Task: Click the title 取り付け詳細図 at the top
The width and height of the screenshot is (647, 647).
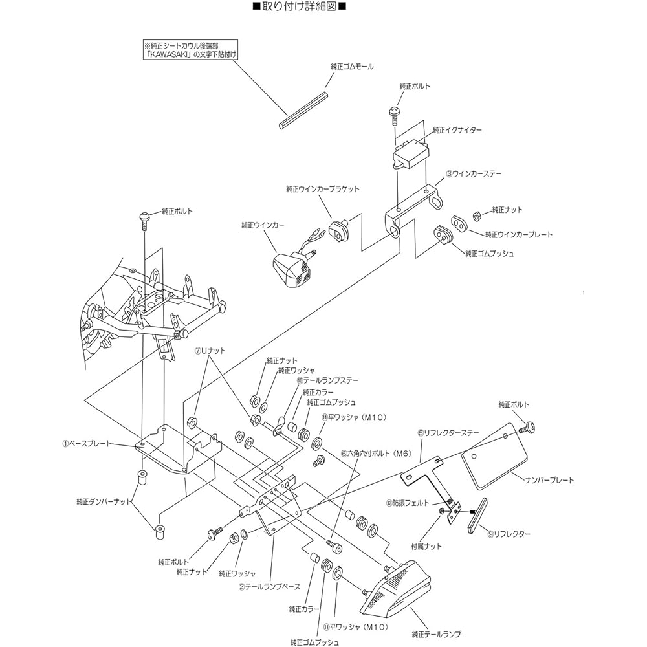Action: click(299, 6)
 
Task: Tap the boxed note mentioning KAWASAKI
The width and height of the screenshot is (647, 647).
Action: click(191, 50)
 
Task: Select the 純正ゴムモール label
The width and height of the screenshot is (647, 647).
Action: click(352, 67)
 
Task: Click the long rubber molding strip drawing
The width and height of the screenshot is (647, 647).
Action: click(303, 111)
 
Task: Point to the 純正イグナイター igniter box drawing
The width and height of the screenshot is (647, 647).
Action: click(410, 154)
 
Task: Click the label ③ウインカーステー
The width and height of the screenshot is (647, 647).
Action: click(474, 173)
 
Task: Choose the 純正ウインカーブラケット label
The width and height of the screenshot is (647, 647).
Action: click(323, 189)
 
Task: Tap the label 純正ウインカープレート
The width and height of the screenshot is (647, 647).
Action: click(519, 234)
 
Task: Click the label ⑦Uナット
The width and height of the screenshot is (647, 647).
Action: click(210, 351)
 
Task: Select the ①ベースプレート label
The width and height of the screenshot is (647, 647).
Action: click(87, 444)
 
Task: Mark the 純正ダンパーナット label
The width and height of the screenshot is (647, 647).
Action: click(104, 502)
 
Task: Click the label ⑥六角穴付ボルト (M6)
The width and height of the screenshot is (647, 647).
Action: click(377, 454)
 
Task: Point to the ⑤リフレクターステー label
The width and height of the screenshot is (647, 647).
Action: click(448, 433)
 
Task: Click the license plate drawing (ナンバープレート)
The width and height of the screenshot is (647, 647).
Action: click(494, 455)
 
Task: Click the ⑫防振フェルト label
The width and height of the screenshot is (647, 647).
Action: click(408, 503)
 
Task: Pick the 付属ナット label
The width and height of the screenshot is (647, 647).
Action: click(426, 546)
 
